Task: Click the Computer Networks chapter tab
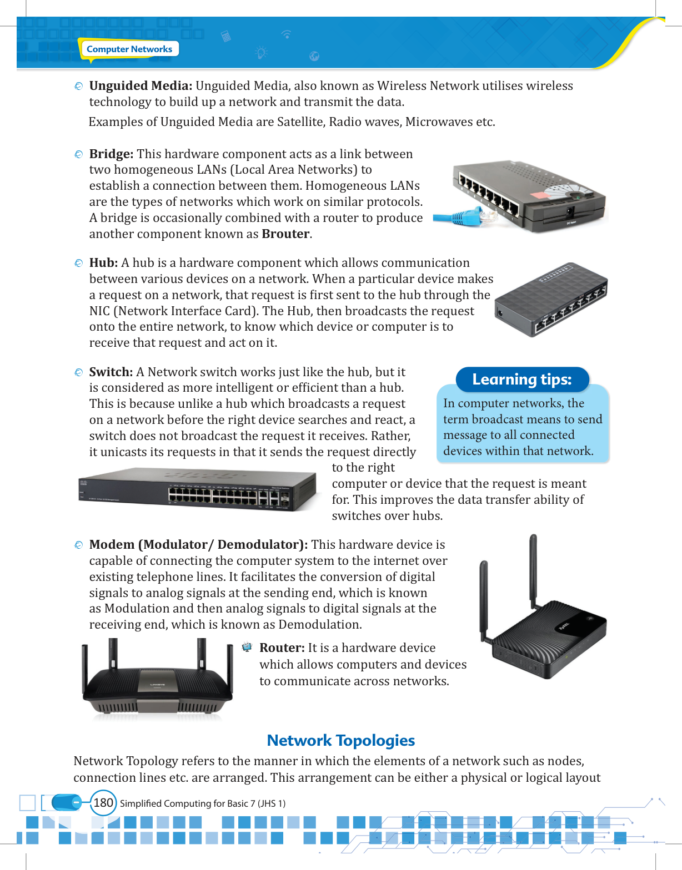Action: (x=129, y=49)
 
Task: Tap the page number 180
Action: (x=103, y=802)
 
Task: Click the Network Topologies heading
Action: (x=340, y=740)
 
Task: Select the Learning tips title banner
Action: (x=522, y=379)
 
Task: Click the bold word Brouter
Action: (x=285, y=234)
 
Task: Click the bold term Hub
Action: (x=103, y=262)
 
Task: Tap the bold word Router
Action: (x=282, y=648)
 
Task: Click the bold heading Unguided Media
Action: (x=141, y=85)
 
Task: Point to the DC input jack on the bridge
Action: (x=569, y=212)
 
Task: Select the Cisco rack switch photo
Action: (x=197, y=489)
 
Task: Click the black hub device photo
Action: (x=551, y=300)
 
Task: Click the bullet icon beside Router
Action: (x=247, y=647)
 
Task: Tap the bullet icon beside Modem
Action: (x=78, y=545)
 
